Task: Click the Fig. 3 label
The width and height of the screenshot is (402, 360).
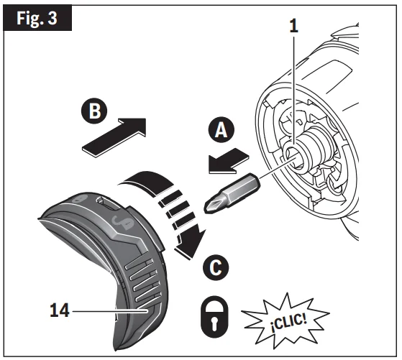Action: [x=37, y=19]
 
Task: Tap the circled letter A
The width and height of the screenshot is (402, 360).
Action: [x=221, y=130]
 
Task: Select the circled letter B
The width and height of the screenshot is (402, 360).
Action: [x=95, y=111]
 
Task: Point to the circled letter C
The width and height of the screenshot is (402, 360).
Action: [x=216, y=267]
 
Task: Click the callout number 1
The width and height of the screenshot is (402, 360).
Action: [x=294, y=26]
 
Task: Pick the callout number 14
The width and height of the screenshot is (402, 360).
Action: [x=60, y=310]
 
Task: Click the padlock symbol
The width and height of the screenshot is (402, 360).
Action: [x=214, y=317]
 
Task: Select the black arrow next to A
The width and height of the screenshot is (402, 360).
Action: [x=228, y=161]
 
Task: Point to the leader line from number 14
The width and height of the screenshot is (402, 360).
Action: [x=110, y=311]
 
